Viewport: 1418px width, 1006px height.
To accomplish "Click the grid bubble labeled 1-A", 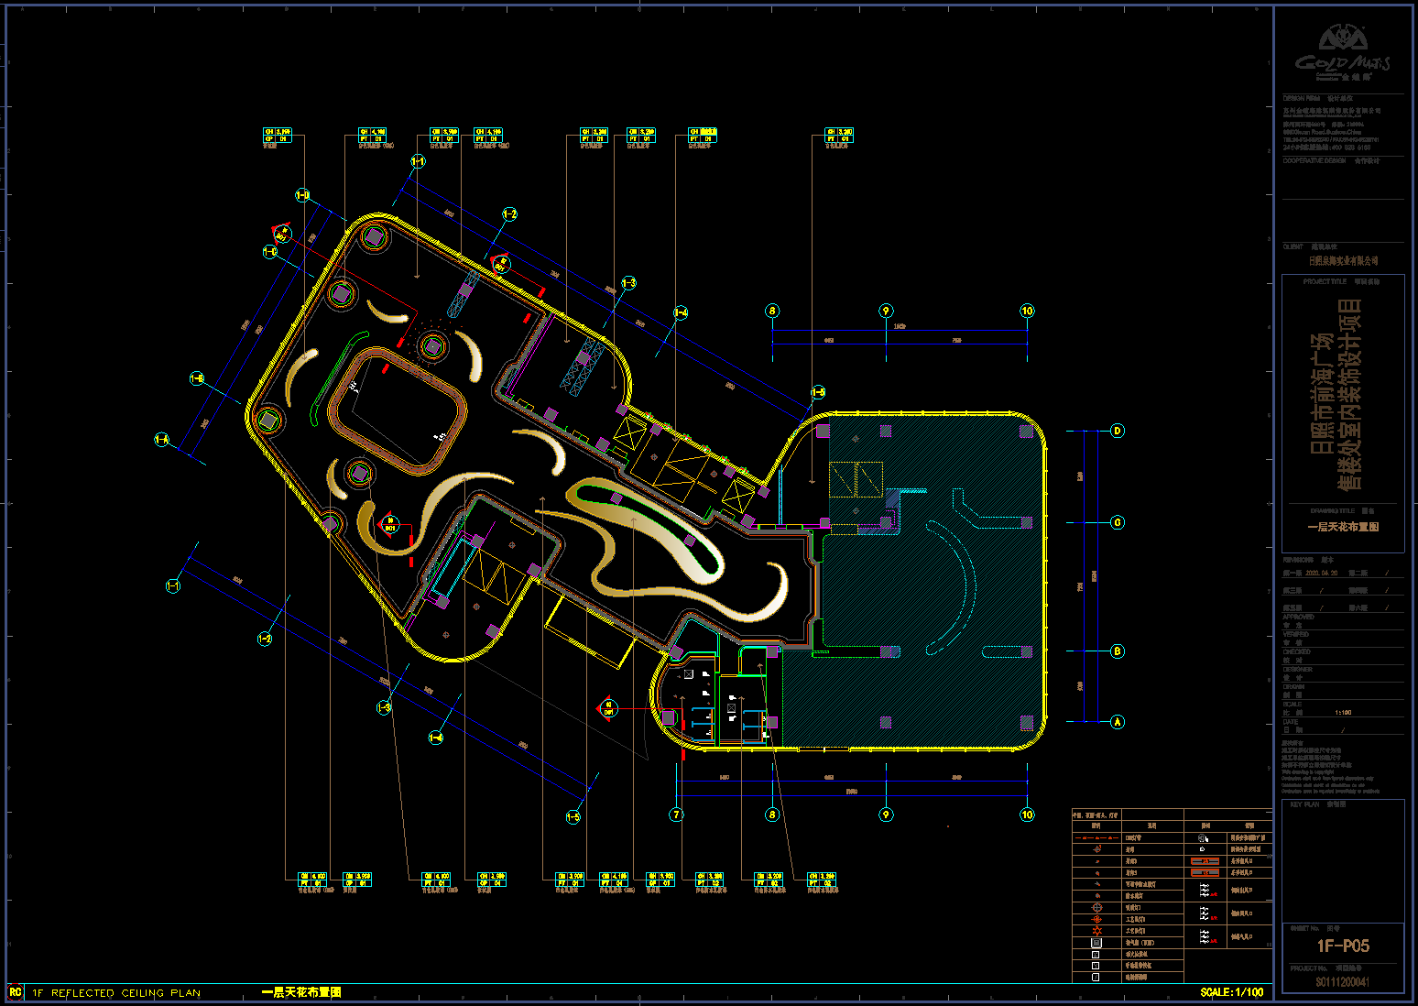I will pos(162,440).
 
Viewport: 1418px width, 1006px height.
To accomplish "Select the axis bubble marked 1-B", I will pos(197,378).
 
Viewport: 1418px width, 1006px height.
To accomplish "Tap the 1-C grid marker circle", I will pos(270,251).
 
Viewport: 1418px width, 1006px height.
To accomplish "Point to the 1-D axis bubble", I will pos(302,195).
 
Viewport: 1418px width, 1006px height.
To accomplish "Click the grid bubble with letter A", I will pos(1117,722).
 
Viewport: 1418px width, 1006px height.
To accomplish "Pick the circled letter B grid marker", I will pos(1117,651).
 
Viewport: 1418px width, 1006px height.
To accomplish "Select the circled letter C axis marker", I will pos(1117,522).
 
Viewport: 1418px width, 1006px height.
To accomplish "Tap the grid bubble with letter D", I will pos(1117,431).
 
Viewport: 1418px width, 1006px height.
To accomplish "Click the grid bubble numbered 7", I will pos(677,815).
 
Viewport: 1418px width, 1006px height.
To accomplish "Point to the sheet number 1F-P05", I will pos(1343,946).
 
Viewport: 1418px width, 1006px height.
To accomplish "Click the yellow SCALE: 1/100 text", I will pos(1231,992).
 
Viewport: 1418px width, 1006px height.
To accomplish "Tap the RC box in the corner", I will pos(15,992).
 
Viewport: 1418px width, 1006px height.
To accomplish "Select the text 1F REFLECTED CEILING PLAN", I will pos(116,992).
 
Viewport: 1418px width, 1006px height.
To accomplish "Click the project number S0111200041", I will pos(1343,982).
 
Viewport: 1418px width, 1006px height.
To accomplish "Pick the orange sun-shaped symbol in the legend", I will pos(1096,931).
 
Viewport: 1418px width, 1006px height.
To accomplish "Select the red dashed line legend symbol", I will pos(1096,837).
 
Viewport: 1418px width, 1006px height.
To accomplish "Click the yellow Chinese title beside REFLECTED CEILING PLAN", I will pos(301,992).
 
